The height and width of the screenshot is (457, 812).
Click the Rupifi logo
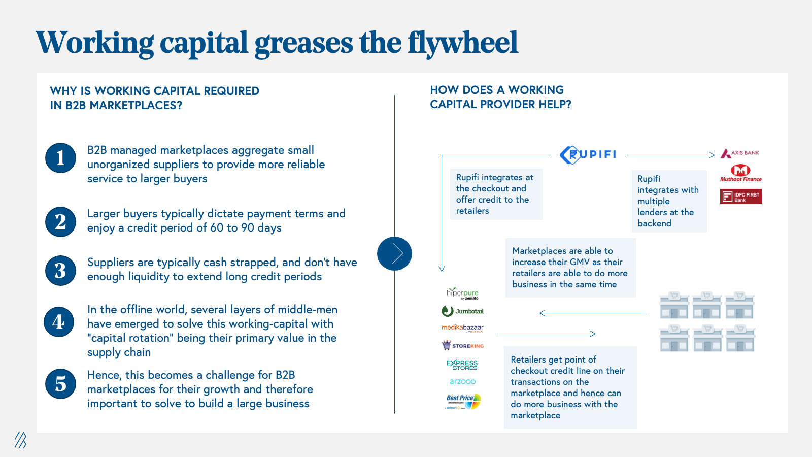tap(588, 155)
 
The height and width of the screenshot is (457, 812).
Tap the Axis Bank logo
tap(739, 153)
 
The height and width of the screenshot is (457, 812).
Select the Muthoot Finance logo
tap(740, 173)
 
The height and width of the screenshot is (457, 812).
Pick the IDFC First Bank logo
tap(740, 197)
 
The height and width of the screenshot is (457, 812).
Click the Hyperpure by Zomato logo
tap(462, 293)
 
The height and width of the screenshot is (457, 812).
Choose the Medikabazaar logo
tap(462, 328)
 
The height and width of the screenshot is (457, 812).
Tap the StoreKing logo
tap(462, 345)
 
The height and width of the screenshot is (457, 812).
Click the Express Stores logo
tap(462, 365)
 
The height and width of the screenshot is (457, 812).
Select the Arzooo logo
tap(462, 381)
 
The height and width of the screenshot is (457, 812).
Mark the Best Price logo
tap(463, 402)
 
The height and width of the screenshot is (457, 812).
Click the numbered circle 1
tap(60, 158)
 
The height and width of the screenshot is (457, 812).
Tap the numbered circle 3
tap(60, 271)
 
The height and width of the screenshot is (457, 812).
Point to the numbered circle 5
tap(60, 384)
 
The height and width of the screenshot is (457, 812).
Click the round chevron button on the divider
tap(394, 253)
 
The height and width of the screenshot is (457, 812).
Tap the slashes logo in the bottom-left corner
tap(21, 440)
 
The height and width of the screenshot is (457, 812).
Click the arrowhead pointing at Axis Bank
tap(712, 155)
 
